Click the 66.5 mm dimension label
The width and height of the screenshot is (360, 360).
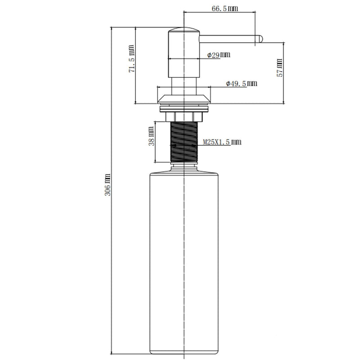click(x=225, y=9)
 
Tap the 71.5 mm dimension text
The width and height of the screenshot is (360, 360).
click(x=131, y=59)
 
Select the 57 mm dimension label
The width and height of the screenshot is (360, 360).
click(x=280, y=68)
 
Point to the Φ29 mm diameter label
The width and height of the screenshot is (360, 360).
click(x=219, y=55)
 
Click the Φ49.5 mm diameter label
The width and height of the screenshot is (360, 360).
click(x=242, y=83)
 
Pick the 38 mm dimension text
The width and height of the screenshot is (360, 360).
click(x=151, y=136)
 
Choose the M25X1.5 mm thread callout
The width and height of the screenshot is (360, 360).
click(x=222, y=142)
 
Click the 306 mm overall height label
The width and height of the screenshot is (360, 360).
click(x=108, y=184)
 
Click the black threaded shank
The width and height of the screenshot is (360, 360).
click(x=184, y=142)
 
